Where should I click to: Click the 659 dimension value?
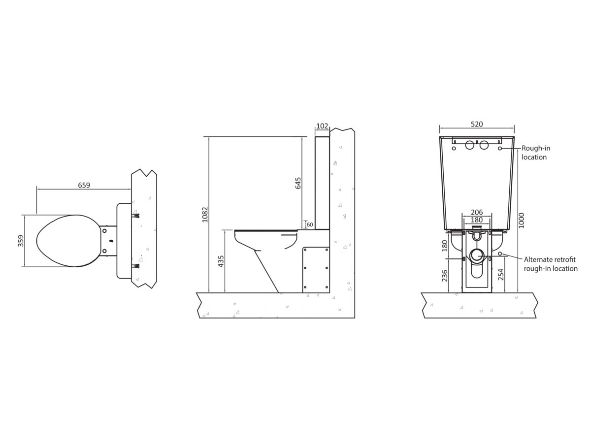pos(84,186)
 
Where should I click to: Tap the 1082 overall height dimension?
pos(205,214)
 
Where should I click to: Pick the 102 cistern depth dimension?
pos(322,126)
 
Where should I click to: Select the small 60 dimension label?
pos(310,225)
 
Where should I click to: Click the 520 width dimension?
pos(477,125)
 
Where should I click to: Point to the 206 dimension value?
pos(476,213)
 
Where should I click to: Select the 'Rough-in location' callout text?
pos(536,153)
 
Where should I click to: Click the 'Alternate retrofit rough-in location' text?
pos(551,264)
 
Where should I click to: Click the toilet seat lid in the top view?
pos(66,241)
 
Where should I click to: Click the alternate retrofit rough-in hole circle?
pos(500,253)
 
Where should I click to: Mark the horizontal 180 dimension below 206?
pos(476,220)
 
